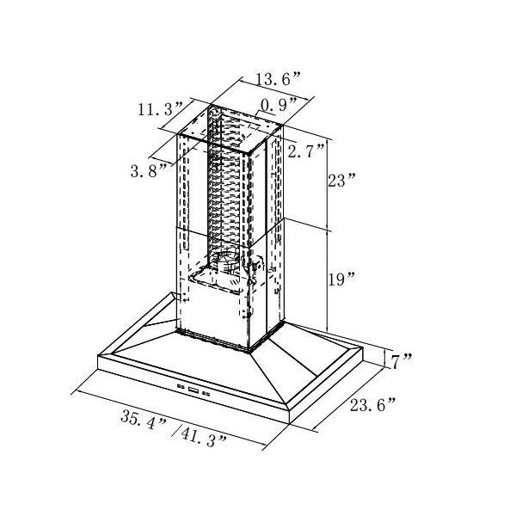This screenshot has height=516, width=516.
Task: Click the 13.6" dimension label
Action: click(x=278, y=79)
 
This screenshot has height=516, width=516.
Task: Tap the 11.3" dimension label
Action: click(x=160, y=109)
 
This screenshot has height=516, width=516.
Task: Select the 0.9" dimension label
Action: click(x=279, y=105)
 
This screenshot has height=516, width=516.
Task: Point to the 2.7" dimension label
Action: click(x=306, y=151)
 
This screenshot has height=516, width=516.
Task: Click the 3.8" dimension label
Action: click(x=149, y=171)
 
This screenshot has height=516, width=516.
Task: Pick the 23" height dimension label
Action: click(x=341, y=181)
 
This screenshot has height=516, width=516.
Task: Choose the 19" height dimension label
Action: click(x=341, y=279)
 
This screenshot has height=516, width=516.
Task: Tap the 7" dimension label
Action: click(x=401, y=361)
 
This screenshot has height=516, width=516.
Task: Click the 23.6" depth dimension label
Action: click(x=373, y=404)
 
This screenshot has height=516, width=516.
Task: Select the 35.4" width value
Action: click(x=144, y=420)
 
